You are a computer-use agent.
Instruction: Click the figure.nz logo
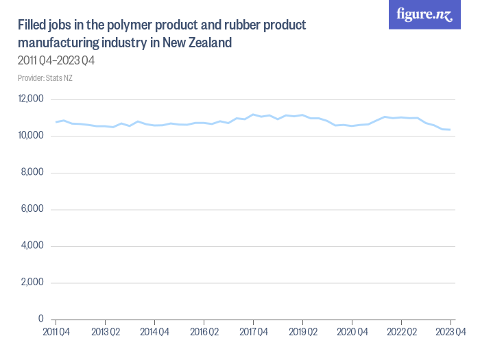(424, 14)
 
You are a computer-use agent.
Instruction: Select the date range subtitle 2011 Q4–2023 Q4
(56, 60)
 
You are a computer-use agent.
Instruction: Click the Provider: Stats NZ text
(45, 77)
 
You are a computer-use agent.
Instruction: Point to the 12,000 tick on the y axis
(31, 99)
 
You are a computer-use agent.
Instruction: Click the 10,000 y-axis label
(31, 136)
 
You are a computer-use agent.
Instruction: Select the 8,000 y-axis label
(33, 173)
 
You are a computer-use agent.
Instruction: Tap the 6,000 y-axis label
(33, 209)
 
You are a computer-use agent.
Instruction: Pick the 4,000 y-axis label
(33, 246)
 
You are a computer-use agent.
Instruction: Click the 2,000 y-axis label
(33, 283)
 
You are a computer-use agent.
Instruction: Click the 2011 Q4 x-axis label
(56, 332)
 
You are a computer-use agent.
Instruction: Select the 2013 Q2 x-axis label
(105, 332)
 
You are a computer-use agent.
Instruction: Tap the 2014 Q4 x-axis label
(154, 332)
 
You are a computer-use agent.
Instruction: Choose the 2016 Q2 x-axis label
(204, 332)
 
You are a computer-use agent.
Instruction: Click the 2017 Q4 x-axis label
(253, 332)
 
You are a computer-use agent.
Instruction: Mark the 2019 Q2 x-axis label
(302, 332)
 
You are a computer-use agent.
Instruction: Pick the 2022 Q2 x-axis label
(401, 332)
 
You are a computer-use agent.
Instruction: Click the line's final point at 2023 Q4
(450, 130)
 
